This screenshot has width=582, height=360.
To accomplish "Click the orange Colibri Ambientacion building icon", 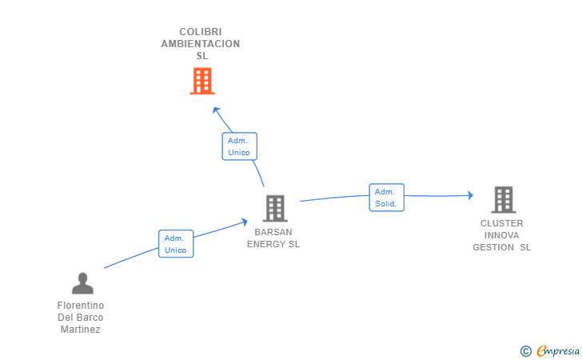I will click(202, 81).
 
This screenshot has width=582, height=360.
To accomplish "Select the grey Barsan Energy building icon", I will click(275, 208).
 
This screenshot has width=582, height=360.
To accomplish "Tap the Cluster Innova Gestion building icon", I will click(503, 199).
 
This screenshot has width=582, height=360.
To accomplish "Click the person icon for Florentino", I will click(82, 283).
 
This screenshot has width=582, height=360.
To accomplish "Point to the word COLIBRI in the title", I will click(201, 32).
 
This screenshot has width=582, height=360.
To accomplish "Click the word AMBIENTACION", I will click(201, 44).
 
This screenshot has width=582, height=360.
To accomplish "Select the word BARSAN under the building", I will click(273, 232).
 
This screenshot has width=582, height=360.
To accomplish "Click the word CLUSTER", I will click(502, 223).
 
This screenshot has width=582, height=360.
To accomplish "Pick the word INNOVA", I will click(502, 235).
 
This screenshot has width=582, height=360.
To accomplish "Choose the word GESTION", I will click(493, 247).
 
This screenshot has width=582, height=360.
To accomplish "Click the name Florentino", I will click(81, 306).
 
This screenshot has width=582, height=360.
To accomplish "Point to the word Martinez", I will click(81, 330).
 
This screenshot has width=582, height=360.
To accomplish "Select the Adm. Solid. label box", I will click(386, 198).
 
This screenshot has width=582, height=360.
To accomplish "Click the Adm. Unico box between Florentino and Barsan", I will click(176, 244).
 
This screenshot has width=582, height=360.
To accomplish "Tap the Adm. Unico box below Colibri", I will click(239, 146).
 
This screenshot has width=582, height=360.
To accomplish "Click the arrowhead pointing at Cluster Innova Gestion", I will click(470, 194).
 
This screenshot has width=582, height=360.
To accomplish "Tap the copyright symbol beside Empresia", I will click(525, 350).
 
